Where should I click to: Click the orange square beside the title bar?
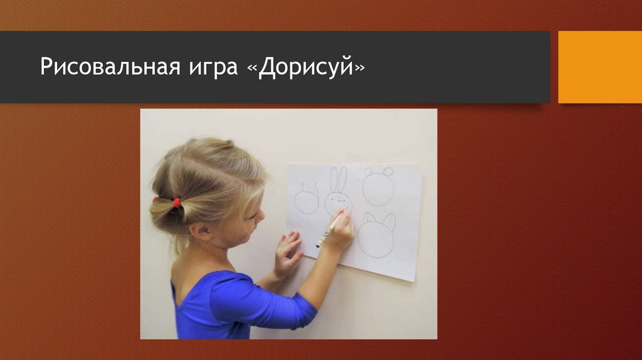(x=599, y=67)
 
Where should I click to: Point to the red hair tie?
(x=176, y=202)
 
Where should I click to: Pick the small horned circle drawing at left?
(x=307, y=200)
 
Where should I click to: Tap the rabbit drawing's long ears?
(x=338, y=179)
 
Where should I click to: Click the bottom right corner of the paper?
(x=414, y=280)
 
